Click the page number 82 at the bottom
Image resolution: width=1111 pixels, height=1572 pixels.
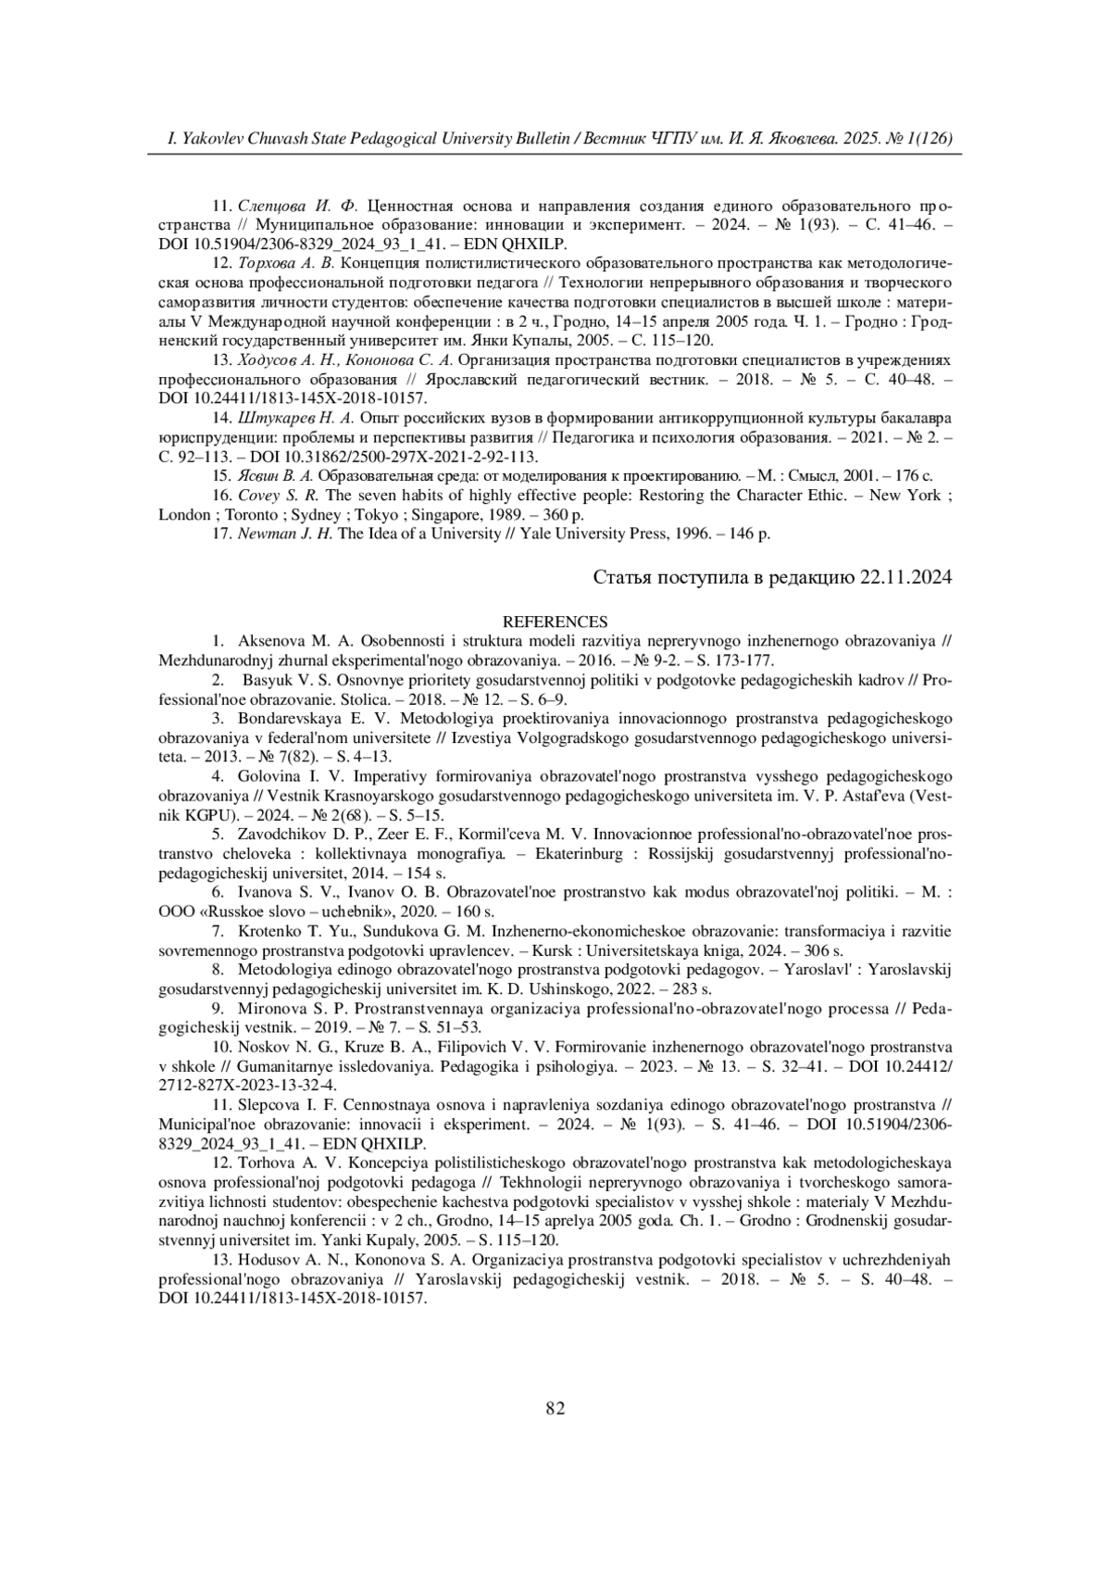555,1409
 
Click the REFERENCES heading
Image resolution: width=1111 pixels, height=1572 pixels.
555,622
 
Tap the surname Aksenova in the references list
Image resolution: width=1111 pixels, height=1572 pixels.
269,640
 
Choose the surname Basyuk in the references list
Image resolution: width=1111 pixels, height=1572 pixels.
268,680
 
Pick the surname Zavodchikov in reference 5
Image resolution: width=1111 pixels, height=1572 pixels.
281,834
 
